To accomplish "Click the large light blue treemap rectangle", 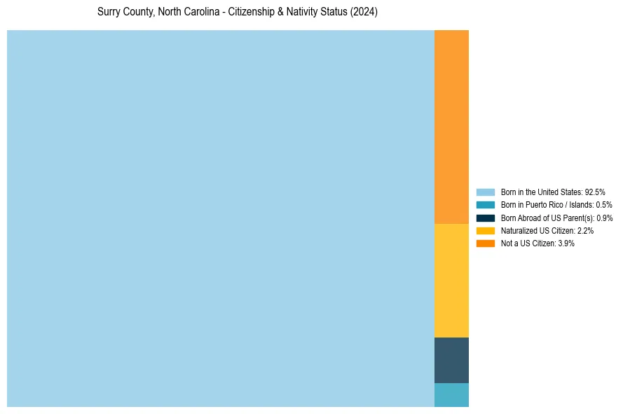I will tap(221, 218).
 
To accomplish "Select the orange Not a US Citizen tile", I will tap(451, 127).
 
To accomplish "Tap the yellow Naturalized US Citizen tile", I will tap(451, 281).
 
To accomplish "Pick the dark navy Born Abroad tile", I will tap(451, 360).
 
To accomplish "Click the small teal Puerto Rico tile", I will tap(451, 395).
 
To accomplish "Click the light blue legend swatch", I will tap(486, 192).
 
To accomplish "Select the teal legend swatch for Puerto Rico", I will tap(486, 205).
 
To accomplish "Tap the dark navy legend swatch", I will tap(486, 218).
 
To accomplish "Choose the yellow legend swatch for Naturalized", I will tap(486, 230).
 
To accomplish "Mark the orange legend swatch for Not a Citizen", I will tap(486, 243).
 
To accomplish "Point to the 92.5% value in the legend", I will tap(595, 192).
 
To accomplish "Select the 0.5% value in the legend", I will tap(604, 205).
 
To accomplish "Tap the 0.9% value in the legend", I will tap(605, 218).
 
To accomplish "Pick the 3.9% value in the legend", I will tap(566, 243).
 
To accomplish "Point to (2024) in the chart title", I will tap(364, 12).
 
